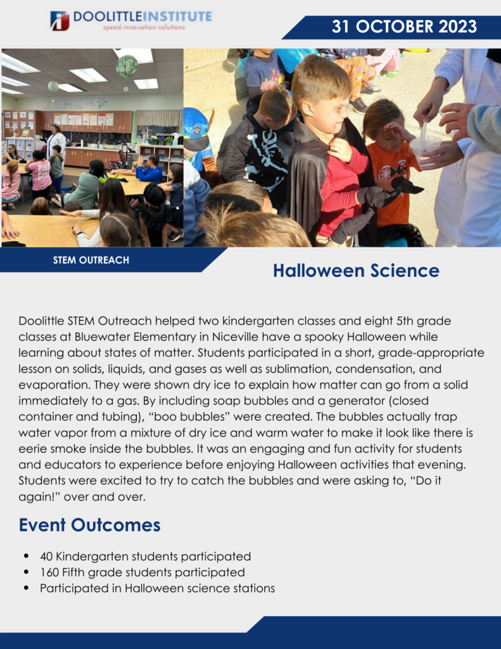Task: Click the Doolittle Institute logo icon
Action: coord(60,21)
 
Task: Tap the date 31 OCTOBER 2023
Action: coord(404,27)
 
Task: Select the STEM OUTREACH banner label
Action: coord(91,260)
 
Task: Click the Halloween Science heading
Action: coord(356,271)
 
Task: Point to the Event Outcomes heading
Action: coord(90,525)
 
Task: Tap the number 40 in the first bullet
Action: coord(46,556)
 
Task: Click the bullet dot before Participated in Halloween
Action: coord(27,588)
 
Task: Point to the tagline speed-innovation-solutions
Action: coord(144,27)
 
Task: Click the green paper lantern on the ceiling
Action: coord(127,66)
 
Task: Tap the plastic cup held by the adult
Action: coord(425,150)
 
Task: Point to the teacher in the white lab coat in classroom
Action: coord(56,141)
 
